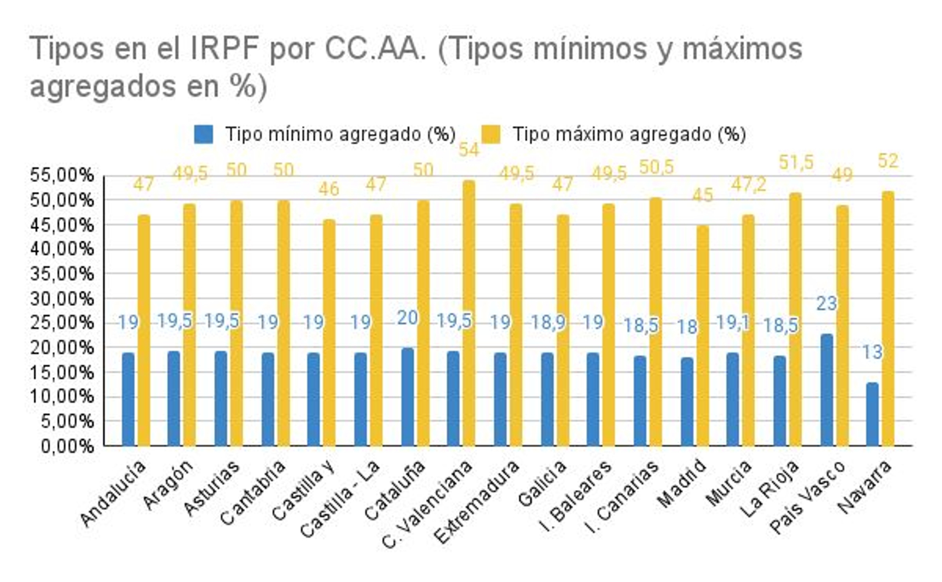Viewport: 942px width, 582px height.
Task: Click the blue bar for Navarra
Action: pos(872,414)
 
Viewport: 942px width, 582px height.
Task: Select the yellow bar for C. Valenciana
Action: pos(469,313)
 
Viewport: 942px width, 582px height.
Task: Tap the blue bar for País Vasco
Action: pos(827,390)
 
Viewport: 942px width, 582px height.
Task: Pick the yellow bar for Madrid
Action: pos(702,335)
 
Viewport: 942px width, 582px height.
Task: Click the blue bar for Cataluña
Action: pos(407,397)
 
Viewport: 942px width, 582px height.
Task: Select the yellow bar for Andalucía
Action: pos(144,330)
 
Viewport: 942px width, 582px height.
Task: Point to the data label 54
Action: pos(469,149)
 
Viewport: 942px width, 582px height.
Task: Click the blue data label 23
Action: pos(827,304)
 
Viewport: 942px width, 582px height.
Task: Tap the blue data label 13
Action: pos(872,352)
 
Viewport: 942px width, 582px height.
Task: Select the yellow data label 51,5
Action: pos(796,162)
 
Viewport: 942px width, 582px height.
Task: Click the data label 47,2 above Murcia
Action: pos(749,185)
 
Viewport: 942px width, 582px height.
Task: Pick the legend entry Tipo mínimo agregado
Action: pos(340,134)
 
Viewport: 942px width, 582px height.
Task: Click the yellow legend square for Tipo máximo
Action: pos(490,134)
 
